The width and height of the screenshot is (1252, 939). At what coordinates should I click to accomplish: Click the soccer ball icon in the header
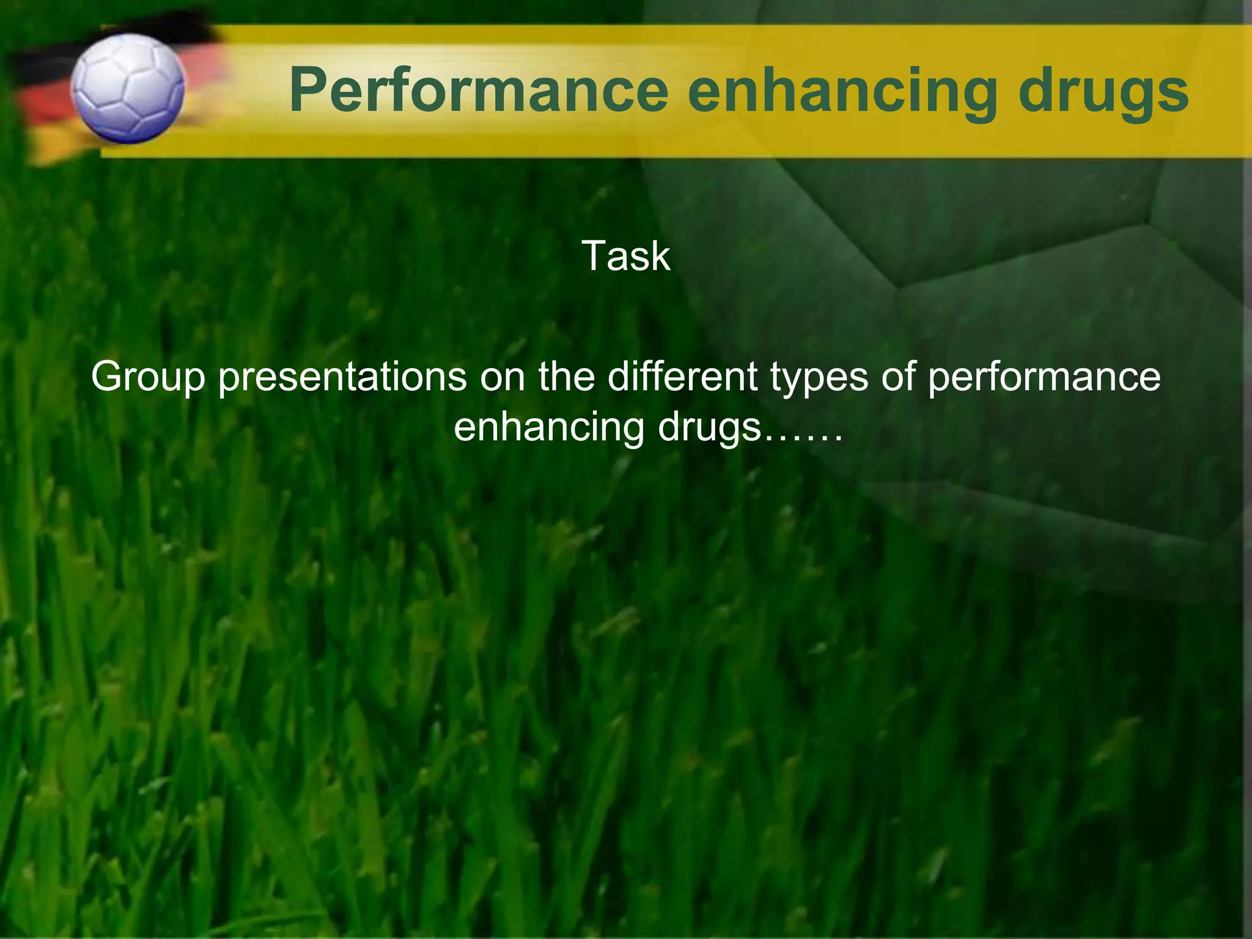tap(127, 89)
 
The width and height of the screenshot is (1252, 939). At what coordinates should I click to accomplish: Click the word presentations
tap(343, 377)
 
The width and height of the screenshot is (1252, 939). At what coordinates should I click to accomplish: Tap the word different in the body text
tap(682, 377)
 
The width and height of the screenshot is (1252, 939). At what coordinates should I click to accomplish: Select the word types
tap(819, 378)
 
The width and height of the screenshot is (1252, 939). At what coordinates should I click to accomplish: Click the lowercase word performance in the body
tap(1044, 378)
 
